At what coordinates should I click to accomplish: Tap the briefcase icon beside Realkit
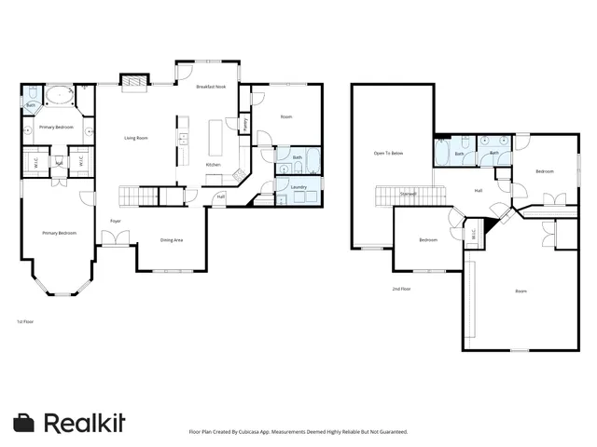click(25, 422)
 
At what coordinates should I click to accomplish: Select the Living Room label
click(136, 138)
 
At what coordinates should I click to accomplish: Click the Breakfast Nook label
click(211, 87)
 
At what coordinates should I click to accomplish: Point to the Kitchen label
click(213, 165)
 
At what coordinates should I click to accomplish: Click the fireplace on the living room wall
click(136, 85)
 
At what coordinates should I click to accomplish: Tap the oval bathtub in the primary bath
click(61, 94)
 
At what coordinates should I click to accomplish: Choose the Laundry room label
click(298, 187)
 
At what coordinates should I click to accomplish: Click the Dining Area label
click(172, 239)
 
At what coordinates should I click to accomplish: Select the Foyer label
click(116, 221)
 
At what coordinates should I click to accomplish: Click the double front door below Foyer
click(116, 240)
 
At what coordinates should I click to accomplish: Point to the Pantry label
click(244, 123)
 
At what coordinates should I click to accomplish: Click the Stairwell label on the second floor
click(408, 194)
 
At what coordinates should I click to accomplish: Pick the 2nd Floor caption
click(402, 290)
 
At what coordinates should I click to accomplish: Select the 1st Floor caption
click(25, 321)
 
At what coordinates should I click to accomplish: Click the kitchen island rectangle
click(215, 139)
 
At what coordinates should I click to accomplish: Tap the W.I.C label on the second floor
click(473, 234)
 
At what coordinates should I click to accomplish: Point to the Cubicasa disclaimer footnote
click(298, 432)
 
